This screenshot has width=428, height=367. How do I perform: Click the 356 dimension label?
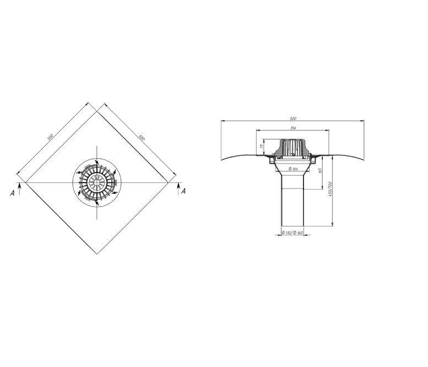tap(292, 128)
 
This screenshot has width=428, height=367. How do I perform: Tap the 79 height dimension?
tap(261, 147)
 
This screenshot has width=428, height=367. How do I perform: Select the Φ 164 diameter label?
tap(293, 169)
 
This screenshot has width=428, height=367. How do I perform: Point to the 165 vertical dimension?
tap(321, 171)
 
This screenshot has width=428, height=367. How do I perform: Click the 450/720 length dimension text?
tap(330, 188)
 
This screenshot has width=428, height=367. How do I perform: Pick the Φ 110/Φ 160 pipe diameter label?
tap(292, 233)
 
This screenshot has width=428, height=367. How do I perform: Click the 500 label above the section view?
tap(292, 118)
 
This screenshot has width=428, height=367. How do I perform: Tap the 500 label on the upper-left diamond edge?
tap(50, 137)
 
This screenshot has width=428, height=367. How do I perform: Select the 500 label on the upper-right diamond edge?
tap(142, 138)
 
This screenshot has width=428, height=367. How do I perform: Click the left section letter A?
tap(12, 193)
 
